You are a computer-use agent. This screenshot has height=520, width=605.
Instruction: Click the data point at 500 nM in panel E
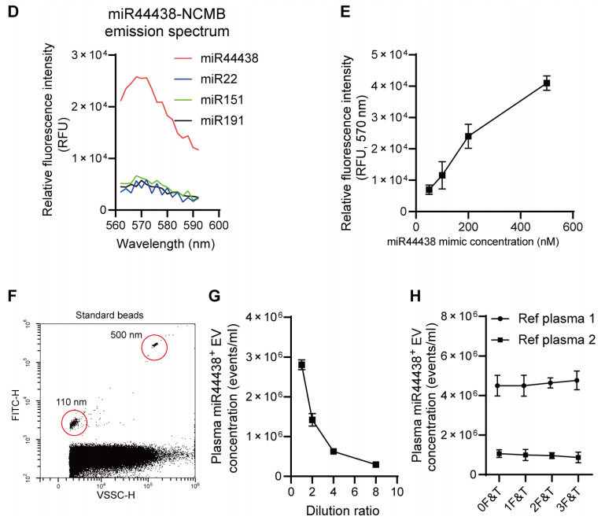coord(546,83)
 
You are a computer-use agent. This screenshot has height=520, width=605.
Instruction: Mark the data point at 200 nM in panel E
coord(468,136)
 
